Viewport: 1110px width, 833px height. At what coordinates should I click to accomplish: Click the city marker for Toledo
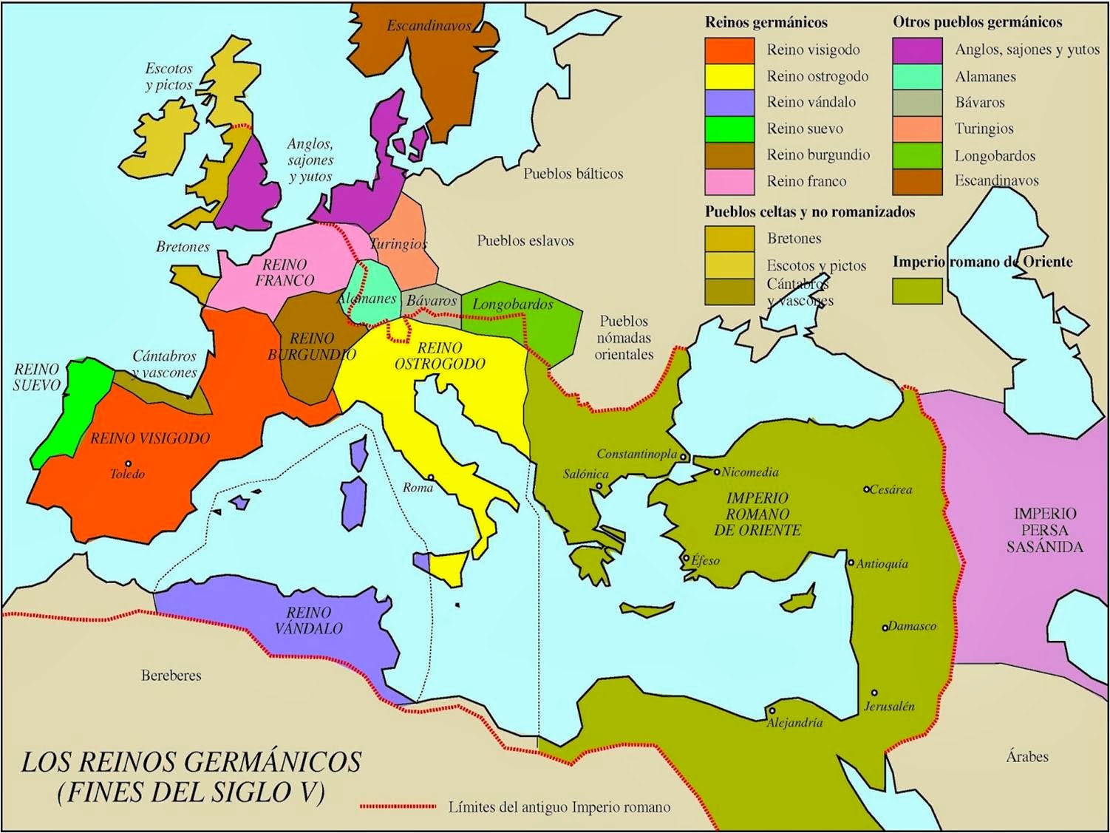click(x=128, y=463)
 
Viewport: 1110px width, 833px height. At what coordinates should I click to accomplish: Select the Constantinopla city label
click(x=636, y=454)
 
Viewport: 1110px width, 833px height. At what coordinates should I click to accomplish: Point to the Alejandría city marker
click(x=772, y=711)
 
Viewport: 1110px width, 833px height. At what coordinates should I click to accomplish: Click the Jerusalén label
click(x=889, y=706)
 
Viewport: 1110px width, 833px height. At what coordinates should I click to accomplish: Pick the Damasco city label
click(x=912, y=626)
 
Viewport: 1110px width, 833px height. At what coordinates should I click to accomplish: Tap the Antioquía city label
click(x=882, y=564)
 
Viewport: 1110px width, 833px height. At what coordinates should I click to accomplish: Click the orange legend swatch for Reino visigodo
click(x=729, y=50)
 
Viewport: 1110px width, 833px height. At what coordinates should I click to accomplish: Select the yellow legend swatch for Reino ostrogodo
click(x=729, y=76)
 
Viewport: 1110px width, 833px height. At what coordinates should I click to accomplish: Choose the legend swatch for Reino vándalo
click(x=729, y=102)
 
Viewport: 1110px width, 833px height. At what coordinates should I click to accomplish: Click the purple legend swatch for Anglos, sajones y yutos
click(x=917, y=50)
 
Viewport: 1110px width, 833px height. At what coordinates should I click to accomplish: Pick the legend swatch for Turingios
click(x=917, y=129)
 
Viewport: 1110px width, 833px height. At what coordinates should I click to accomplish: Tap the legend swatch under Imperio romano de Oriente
click(x=917, y=290)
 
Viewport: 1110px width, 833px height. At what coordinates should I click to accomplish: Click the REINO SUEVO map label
click(x=36, y=377)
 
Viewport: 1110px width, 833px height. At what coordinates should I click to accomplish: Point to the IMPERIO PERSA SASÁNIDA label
click(x=1044, y=530)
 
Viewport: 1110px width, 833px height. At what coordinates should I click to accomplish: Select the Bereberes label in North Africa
click(x=171, y=676)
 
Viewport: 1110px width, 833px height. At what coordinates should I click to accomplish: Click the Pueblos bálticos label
click(x=573, y=174)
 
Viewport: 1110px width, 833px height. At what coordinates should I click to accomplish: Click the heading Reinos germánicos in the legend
click(x=766, y=22)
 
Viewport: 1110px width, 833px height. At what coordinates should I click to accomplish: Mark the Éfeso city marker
click(x=687, y=558)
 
